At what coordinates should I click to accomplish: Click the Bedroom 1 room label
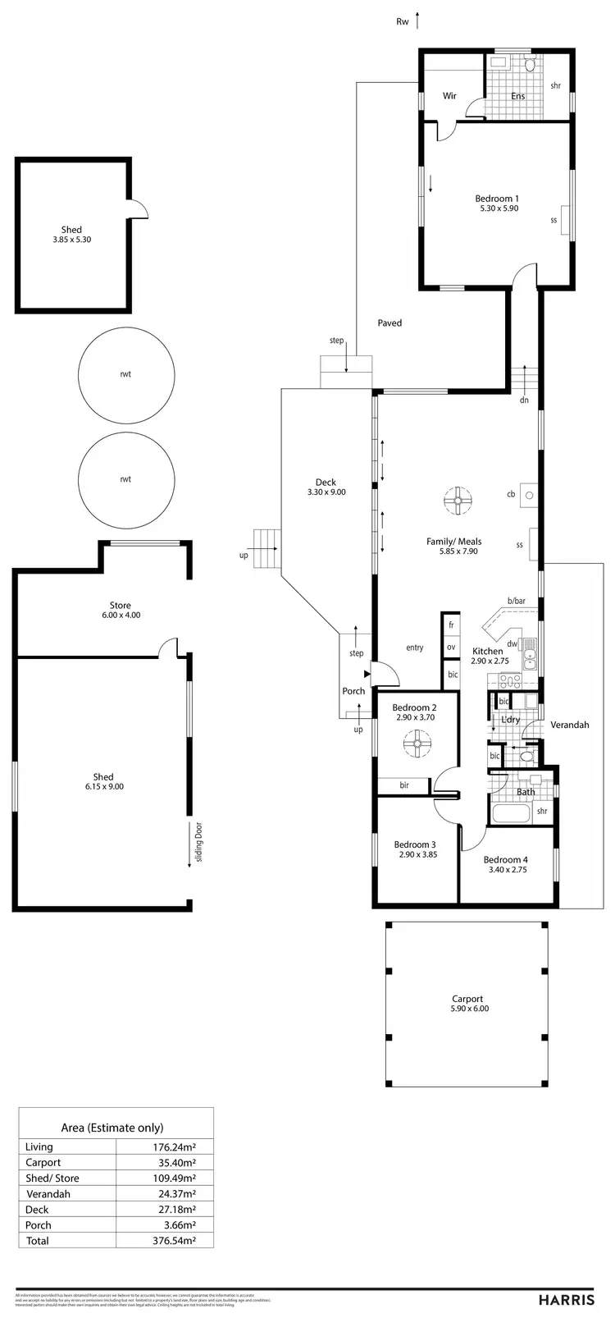497,199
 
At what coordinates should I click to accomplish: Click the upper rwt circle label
125,374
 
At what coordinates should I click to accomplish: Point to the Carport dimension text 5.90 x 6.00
469,1009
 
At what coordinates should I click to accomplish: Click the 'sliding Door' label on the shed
199,840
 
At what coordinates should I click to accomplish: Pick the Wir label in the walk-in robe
449,96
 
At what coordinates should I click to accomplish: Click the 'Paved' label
389,323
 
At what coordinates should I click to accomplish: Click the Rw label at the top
402,22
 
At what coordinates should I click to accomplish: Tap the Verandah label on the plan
569,725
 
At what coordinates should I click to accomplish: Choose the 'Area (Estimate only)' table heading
112,1128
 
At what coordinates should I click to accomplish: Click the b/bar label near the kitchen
516,602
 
